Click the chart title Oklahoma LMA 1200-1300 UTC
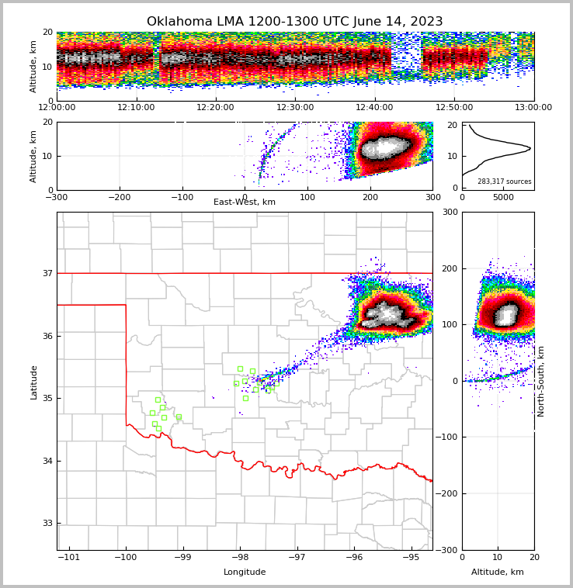(x=294, y=22)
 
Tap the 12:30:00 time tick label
(x=295, y=108)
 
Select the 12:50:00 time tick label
(x=454, y=108)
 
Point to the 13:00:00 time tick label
(x=533, y=108)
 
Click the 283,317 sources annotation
(x=505, y=182)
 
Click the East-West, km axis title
(x=245, y=202)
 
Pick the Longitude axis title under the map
(x=245, y=572)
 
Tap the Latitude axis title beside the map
(x=34, y=382)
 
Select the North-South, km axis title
(x=541, y=381)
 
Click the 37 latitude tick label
(x=47, y=273)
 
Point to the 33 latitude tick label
(x=47, y=524)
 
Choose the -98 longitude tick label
(x=240, y=557)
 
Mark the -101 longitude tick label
(x=69, y=557)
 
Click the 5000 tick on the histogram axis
(x=504, y=197)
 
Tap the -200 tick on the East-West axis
(x=119, y=197)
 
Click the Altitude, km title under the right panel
(x=498, y=572)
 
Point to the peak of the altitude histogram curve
(x=530, y=147)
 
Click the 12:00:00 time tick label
(x=57, y=108)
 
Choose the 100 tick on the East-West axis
(x=307, y=197)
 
